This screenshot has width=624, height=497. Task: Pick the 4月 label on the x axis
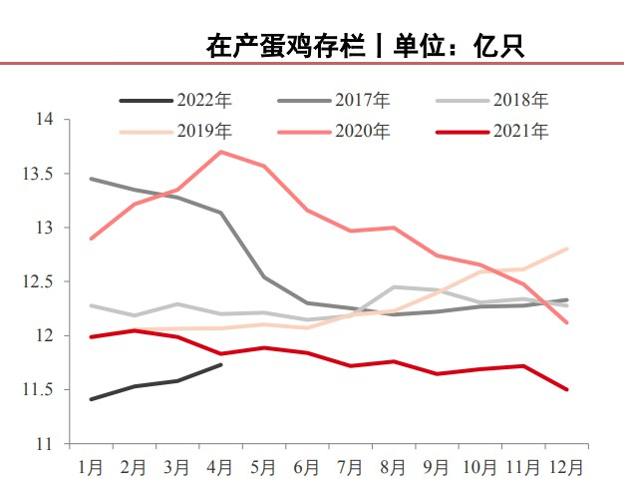[x=221, y=466]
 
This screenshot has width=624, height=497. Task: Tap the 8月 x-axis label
[x=395, y=466]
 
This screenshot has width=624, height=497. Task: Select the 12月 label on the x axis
[x=567, y=466]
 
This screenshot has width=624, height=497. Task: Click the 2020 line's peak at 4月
[x=220, y=152]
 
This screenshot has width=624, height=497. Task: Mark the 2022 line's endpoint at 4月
[x=220, y=365]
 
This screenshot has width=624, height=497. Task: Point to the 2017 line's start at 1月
[x=92, y=179]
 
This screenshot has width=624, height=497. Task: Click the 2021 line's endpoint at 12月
[x=567, y=389]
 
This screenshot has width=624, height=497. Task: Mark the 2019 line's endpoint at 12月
[x=567, y=248]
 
